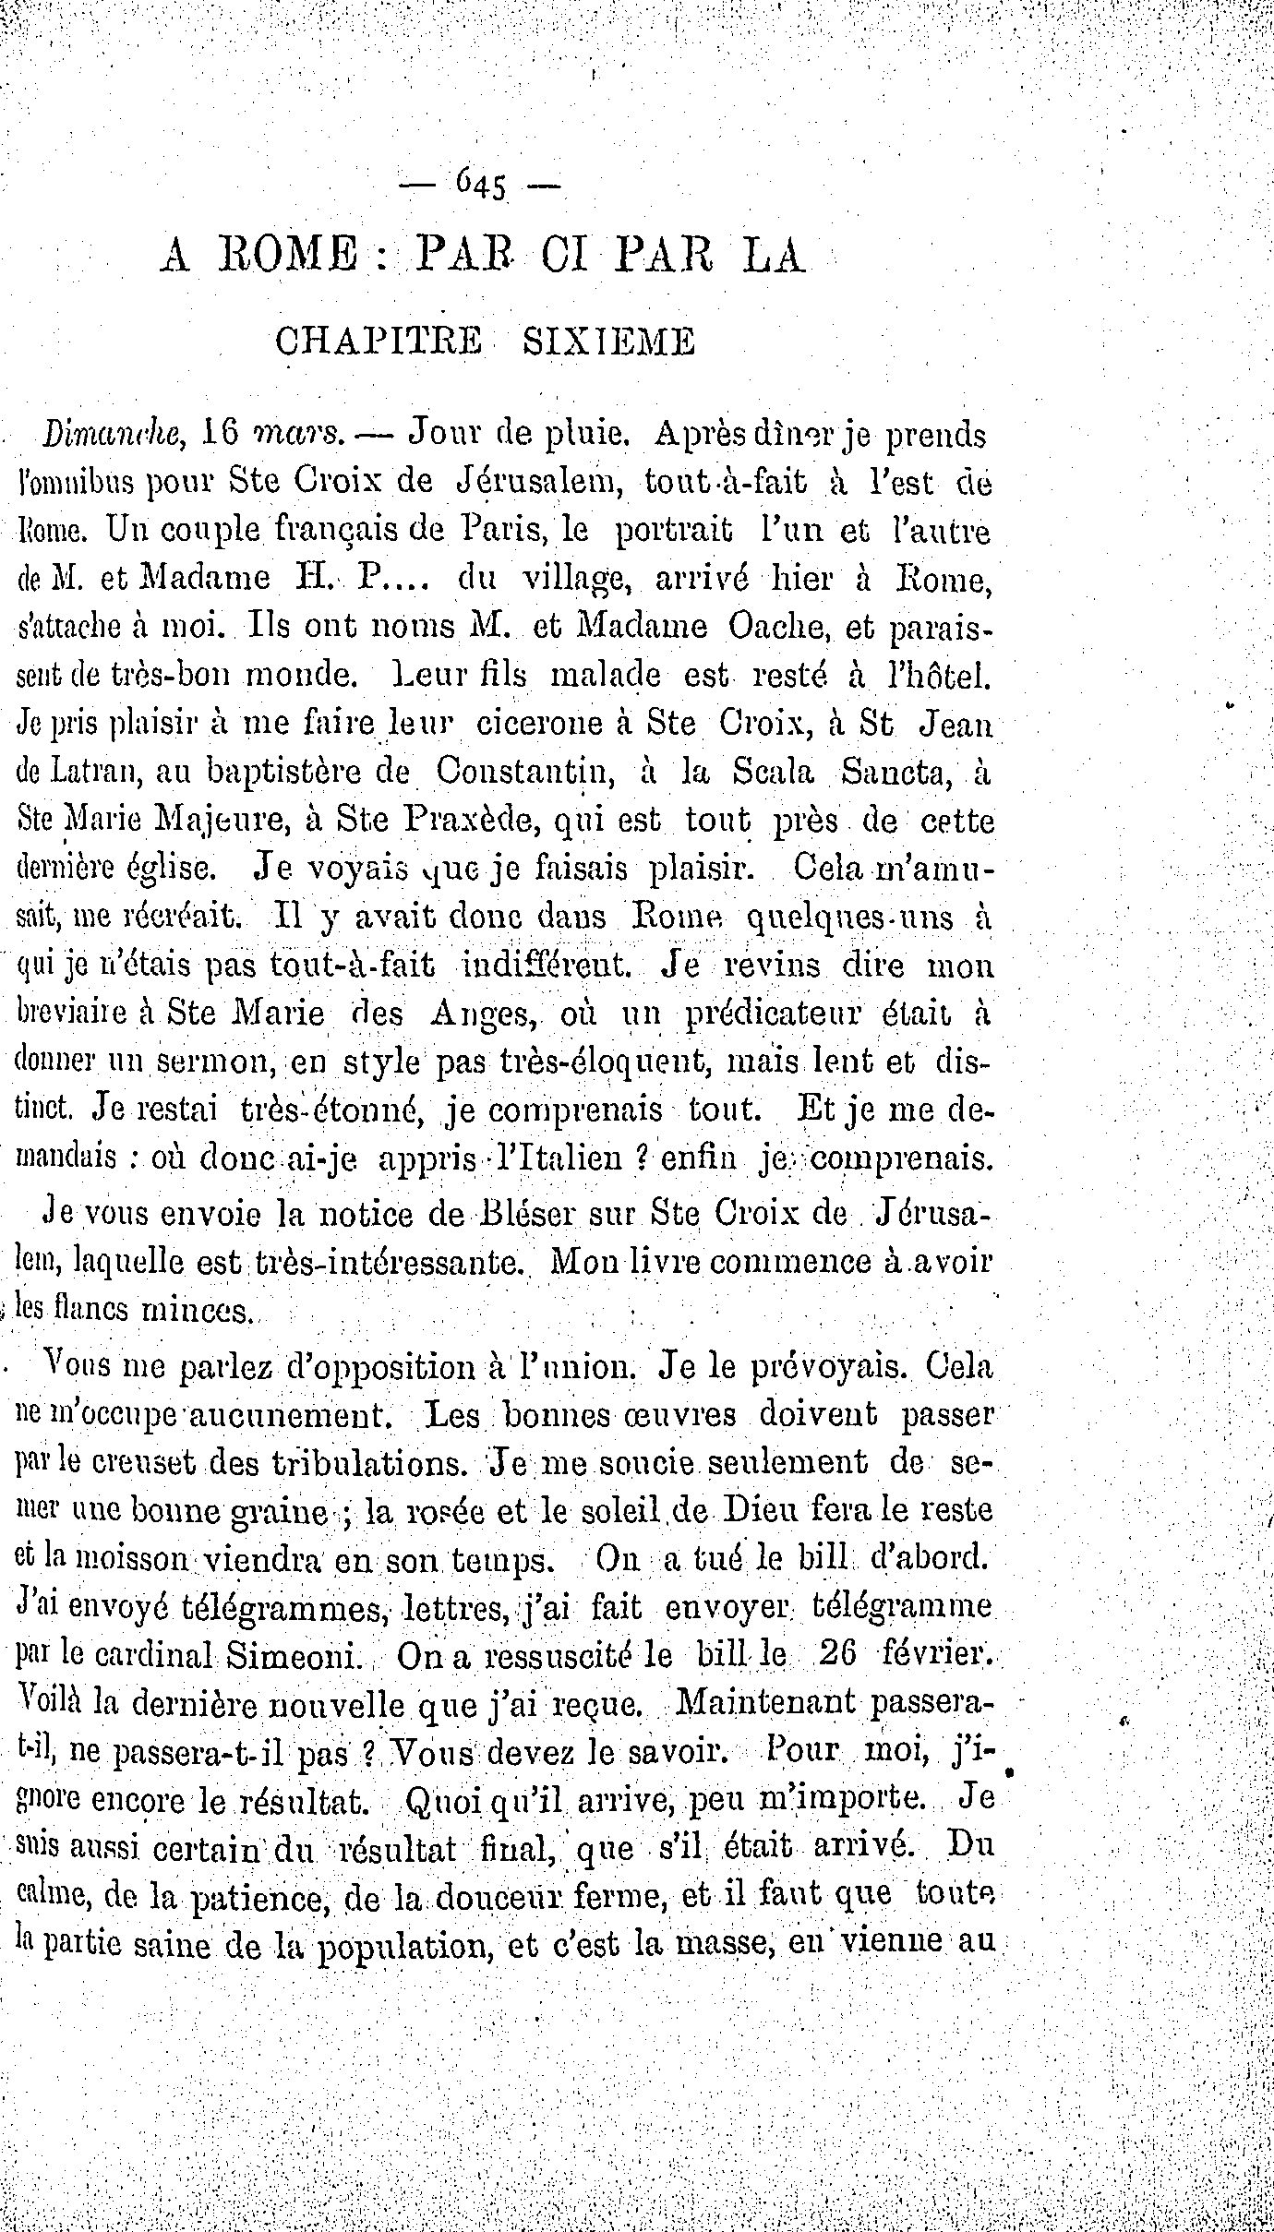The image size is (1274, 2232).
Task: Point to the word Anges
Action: [x=486, y=1013]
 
